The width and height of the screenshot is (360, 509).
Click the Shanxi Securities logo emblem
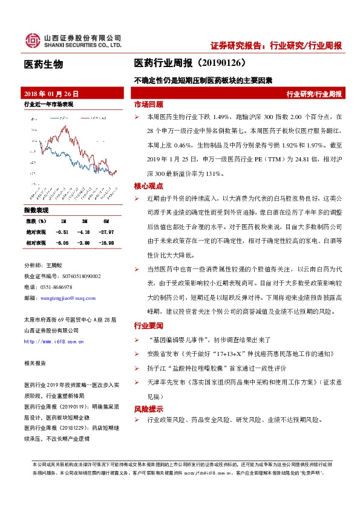point(32,41)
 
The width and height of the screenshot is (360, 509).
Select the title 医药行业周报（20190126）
point(189,63)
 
